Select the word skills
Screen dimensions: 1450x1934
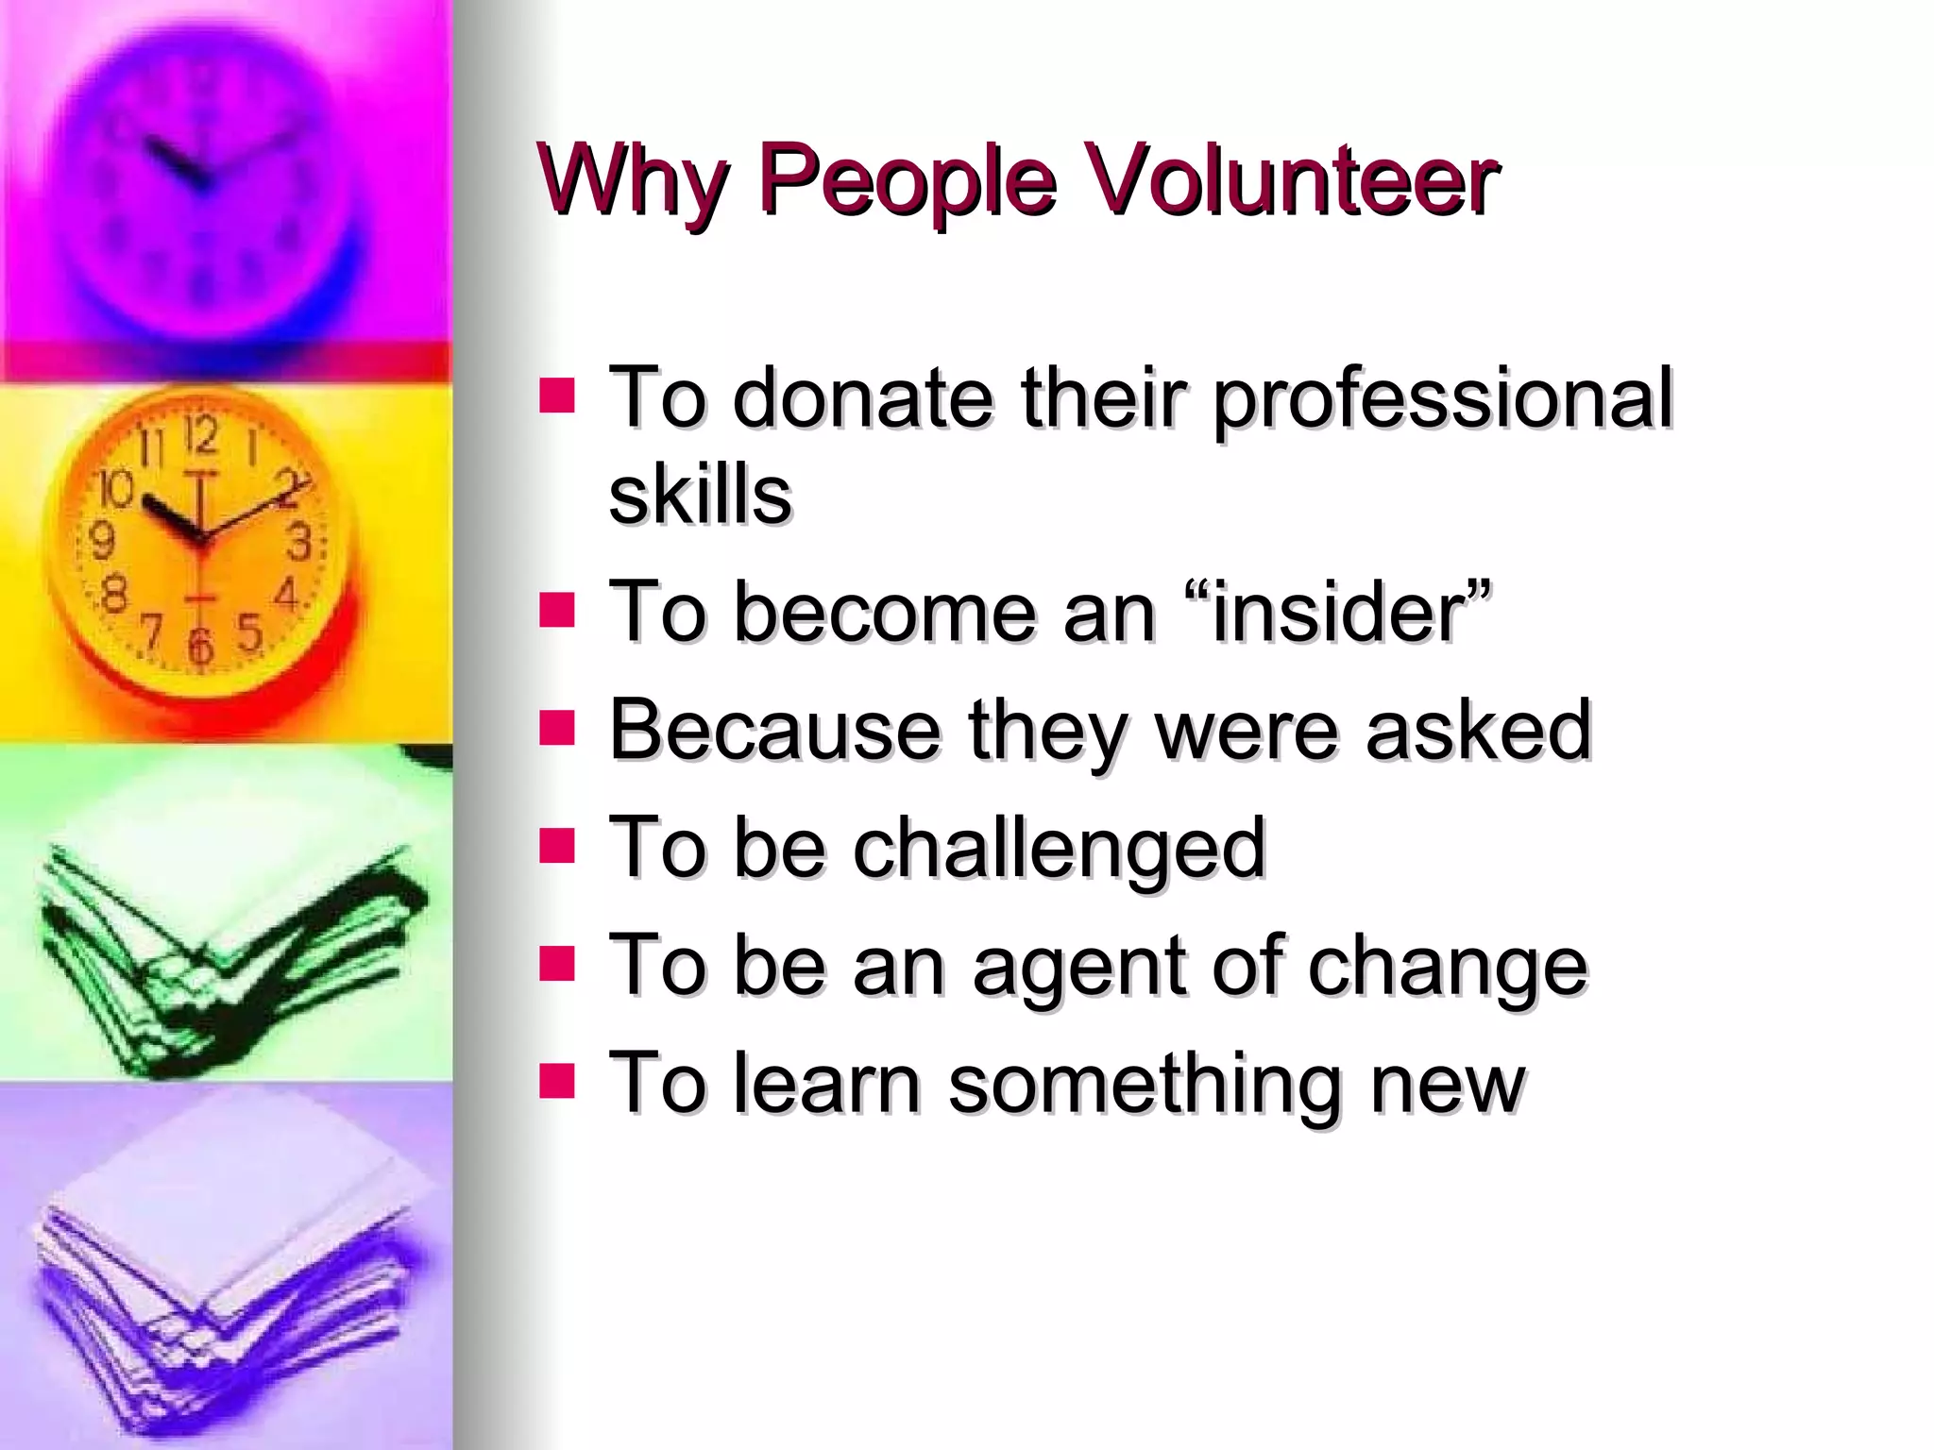(700, 495)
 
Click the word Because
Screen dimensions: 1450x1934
(773, 730)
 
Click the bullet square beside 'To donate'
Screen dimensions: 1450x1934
(557, 396)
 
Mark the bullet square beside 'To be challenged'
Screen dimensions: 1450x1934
(557, 846)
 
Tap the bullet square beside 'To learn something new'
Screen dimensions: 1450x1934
(557, 1081)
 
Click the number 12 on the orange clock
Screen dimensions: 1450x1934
(200, 437)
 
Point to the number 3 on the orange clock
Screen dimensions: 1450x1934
(298, 542)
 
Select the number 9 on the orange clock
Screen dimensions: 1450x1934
(102, 542)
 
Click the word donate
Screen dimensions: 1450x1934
(863, 398)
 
